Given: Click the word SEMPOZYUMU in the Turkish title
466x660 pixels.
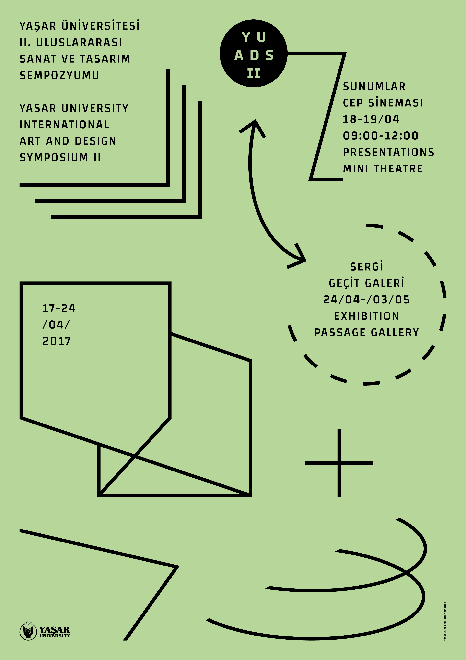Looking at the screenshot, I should pos(59,75).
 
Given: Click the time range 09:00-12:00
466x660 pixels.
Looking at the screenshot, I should pos(381,136).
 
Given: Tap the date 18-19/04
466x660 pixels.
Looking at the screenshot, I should pos(371,119).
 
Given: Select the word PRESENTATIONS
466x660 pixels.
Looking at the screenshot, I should pos(388,152).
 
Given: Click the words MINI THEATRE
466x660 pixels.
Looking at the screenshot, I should pos(383,168).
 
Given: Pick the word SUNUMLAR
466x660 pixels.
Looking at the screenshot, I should pos(374,86).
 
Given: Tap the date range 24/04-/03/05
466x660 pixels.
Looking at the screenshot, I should pos(367,300).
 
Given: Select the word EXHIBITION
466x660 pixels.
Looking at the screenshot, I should pos(367,316).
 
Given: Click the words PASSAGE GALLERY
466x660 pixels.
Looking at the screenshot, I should pos(367,333).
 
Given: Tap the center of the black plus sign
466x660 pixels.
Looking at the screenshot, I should pos(339,463).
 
